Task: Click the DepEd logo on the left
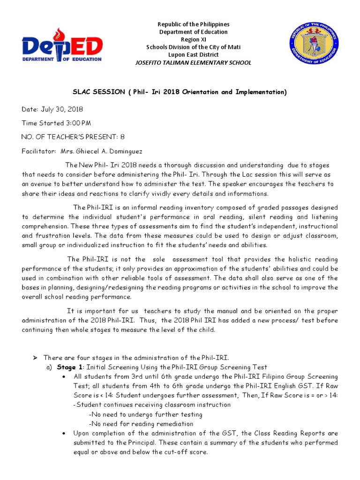[x=61, y=46]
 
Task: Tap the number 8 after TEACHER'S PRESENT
[x=123, y=137]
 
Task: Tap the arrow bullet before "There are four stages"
[x=35, y=358]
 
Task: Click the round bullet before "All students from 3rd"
[x=63, y=377]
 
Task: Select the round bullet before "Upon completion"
[x=63, y=434]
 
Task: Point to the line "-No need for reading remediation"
[x=141, y=424]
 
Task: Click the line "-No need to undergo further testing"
[x=145, y=414]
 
